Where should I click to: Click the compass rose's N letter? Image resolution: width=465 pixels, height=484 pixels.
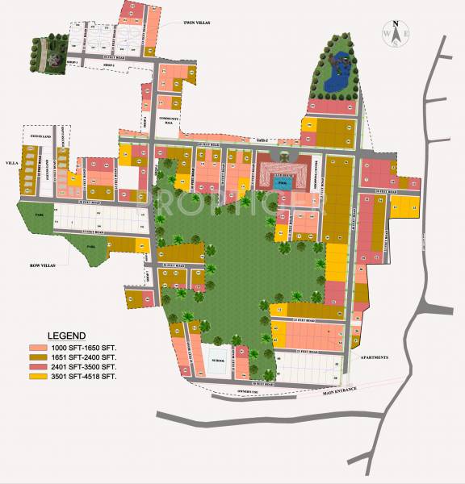396,24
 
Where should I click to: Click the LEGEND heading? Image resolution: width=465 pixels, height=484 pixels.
67,336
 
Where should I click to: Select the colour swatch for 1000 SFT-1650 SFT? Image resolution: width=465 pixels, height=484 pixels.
37,346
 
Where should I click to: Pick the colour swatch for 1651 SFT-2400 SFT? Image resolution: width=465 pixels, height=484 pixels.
37,357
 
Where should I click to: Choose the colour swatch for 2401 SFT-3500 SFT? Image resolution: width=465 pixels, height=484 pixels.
37,366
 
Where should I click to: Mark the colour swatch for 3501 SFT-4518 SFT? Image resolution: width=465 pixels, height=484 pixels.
37,376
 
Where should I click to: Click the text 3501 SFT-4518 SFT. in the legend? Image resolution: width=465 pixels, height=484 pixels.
83,376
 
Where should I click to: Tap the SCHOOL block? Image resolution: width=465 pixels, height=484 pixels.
217,361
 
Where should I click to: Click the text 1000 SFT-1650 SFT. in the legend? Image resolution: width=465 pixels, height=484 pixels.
83,346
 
